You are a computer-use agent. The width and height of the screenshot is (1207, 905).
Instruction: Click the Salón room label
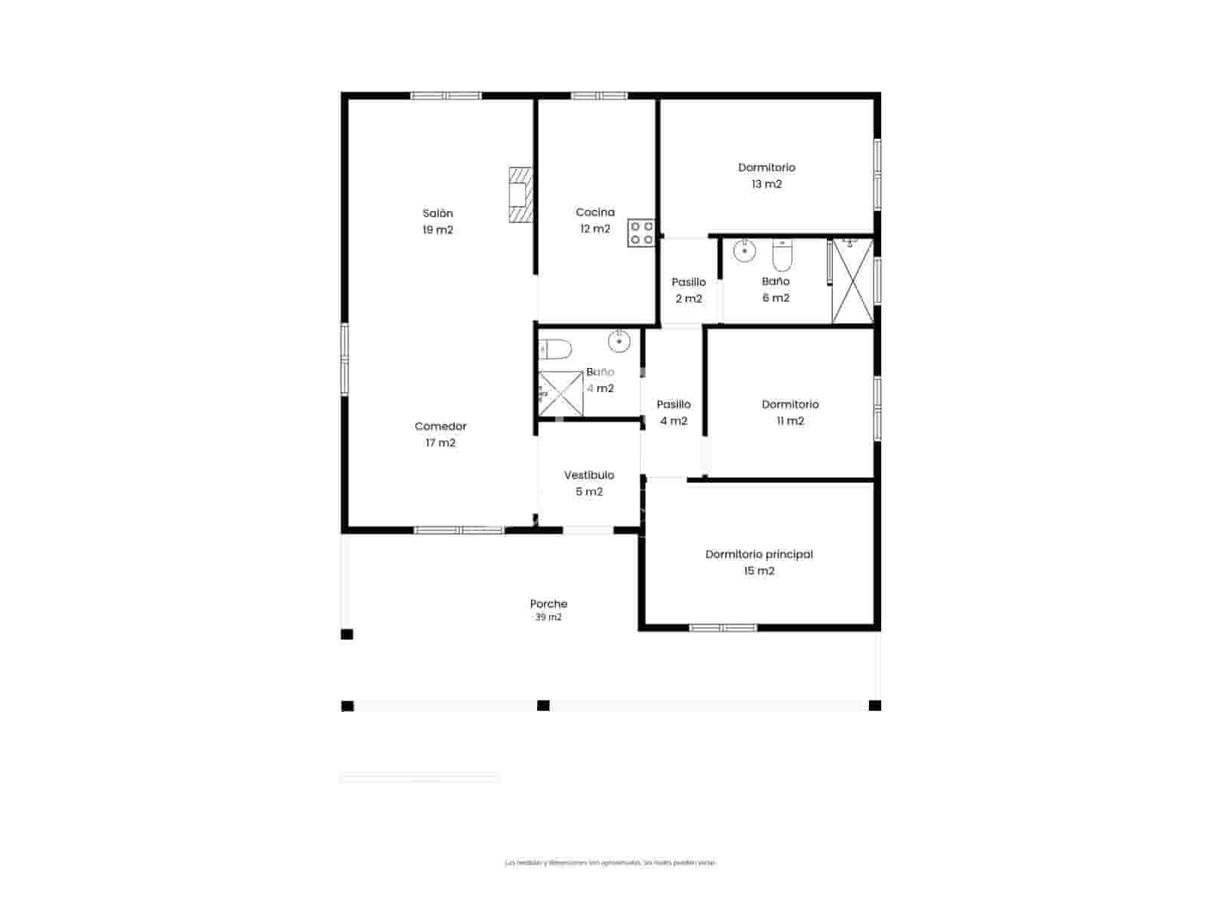(x=438, y=213)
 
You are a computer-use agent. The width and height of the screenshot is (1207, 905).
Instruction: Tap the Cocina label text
(x=595, y=213)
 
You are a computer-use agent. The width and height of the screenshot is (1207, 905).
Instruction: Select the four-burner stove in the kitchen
(x=641, y=233)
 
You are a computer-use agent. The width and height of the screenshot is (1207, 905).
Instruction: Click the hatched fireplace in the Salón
(x=519, y=195)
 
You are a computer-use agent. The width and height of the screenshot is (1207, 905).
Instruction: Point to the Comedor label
(x=441, y=426)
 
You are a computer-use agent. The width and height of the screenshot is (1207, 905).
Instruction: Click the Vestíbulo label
(x=589, y=475)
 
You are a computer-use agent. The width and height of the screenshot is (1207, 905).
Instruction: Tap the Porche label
(x=548, y=604)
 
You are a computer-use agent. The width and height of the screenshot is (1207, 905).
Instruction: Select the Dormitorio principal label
(x=759, y=554)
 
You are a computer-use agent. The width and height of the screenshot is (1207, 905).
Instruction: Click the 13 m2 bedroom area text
(x=766, y=184)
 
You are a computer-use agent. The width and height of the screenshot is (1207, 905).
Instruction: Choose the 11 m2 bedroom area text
(x=790, y=421)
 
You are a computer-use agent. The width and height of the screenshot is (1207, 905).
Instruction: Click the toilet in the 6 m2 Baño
(x=782, y=257)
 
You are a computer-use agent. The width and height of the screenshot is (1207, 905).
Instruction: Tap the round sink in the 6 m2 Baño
(x=745, y=251)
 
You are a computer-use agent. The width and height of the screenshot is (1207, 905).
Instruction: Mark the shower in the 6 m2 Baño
(x=852, y=281)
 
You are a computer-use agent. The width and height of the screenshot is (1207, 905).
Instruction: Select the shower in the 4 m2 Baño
(x=560, y=394)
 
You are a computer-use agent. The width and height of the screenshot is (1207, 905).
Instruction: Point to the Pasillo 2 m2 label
(x=689, y=290)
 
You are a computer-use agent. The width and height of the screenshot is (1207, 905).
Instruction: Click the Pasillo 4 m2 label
(x=674, y=413)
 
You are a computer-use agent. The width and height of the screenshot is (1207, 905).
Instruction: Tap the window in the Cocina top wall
(x=599, y=96)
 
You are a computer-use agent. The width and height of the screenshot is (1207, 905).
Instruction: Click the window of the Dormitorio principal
(x=723, y=627)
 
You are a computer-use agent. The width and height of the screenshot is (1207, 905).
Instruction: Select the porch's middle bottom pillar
(x=543, y=706)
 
